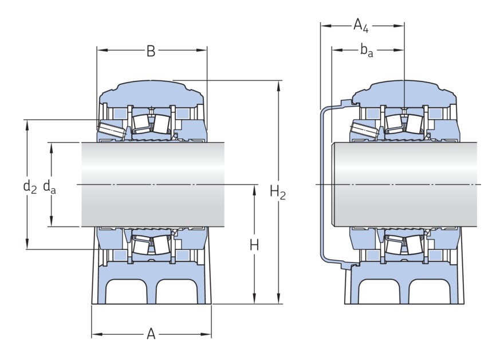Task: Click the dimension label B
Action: pyautogui.click(x=151, y=51)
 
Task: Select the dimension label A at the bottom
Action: pyautogui.click(x=151, y=334)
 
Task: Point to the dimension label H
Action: pyautogui.click(x=254, y=245)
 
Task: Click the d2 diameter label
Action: pyautogui.click(x=30, y=187)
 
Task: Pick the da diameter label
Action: pyautogui.click(x=49, y=187)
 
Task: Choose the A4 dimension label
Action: pyautogui.click(x=361, y=25)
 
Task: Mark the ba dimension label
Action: pyautogui.click(x=367, y=51)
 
